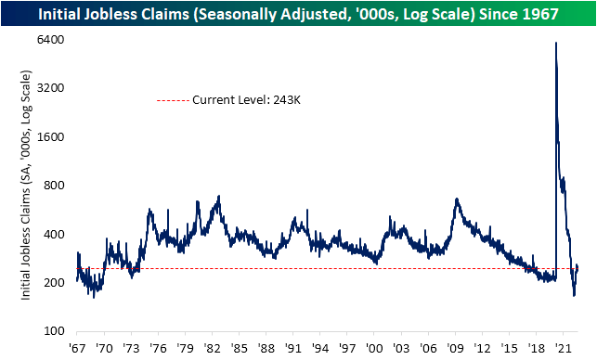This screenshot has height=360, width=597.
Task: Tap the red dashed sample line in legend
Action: [172, 99]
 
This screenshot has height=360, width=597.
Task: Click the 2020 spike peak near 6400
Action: [556, 43]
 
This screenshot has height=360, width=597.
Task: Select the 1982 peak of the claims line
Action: [218, 196]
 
